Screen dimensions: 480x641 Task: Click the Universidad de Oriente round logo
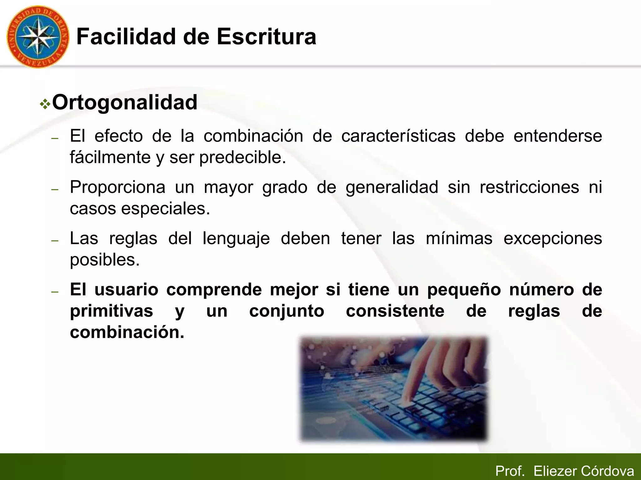[x=38, y=37]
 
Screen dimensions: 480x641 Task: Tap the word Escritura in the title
[x=266, y=37]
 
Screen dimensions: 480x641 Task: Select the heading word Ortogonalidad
[x=125, y=102]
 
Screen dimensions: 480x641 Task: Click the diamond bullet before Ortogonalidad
[x=45, y=104]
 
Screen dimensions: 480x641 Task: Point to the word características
[x=398, y=136]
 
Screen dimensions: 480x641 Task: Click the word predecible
[x=243, y=157]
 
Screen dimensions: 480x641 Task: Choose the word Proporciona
[x=117, y=187]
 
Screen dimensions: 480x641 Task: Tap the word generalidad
[x=392, y=187]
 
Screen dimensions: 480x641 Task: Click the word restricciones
[x=529, y=187]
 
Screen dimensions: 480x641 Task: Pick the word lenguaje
[x=236, y=239]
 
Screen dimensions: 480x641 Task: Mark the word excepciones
[x=553, y=239]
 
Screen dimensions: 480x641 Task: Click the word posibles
[x=105, y=260]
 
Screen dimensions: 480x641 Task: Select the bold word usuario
[x=126, y=290]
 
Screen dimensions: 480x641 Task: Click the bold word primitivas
[x=111, y=311]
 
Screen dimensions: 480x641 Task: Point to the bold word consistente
[x=395, y=311]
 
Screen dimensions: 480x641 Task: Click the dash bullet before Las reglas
[x=55, y=241]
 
